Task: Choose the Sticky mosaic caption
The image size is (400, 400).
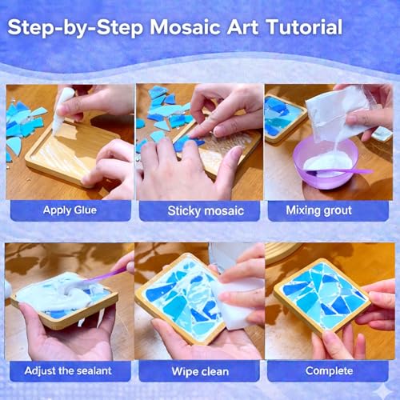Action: [199, 211]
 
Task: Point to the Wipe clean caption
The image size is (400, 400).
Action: [199, 370]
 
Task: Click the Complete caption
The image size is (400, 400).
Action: [330, 370]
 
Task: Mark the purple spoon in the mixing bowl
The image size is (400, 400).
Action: [344, 170]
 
